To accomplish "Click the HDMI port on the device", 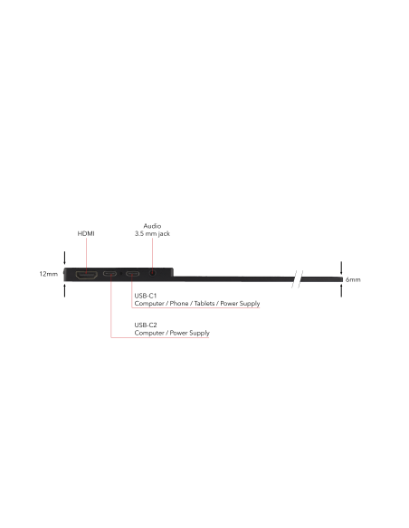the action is point(87,275).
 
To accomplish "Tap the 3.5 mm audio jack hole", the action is point(153,273).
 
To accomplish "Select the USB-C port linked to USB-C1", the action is point(132,273).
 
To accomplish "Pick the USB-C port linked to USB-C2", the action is point(109,273).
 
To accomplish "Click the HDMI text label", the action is point(86,233).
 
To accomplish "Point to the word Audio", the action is point(152,226).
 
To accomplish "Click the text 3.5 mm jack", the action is point(152,233).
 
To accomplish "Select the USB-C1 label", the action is point(146,296).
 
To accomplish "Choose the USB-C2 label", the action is point(146,325).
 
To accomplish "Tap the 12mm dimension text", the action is point(49,274).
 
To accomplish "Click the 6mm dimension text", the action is point(353,279).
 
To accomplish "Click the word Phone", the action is point(179,304).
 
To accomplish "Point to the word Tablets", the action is point(204,304).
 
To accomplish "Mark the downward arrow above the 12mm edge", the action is point(64,258).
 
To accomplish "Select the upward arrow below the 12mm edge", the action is point(64,290).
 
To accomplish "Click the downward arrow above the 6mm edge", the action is point(341,268).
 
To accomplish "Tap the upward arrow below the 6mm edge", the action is point(341,290).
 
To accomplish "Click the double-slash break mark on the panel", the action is point(297,279).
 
